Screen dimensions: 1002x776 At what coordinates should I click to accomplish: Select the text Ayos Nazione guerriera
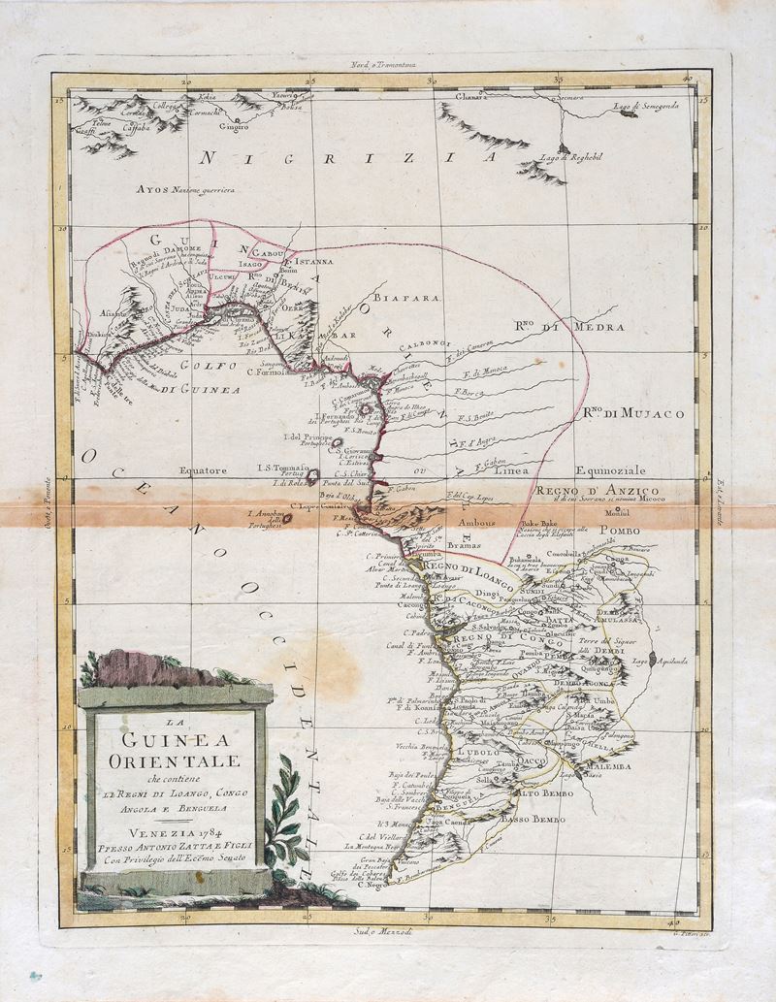click(x=187, y=190)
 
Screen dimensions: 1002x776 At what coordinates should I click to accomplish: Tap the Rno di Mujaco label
click(x=632, y=413)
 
